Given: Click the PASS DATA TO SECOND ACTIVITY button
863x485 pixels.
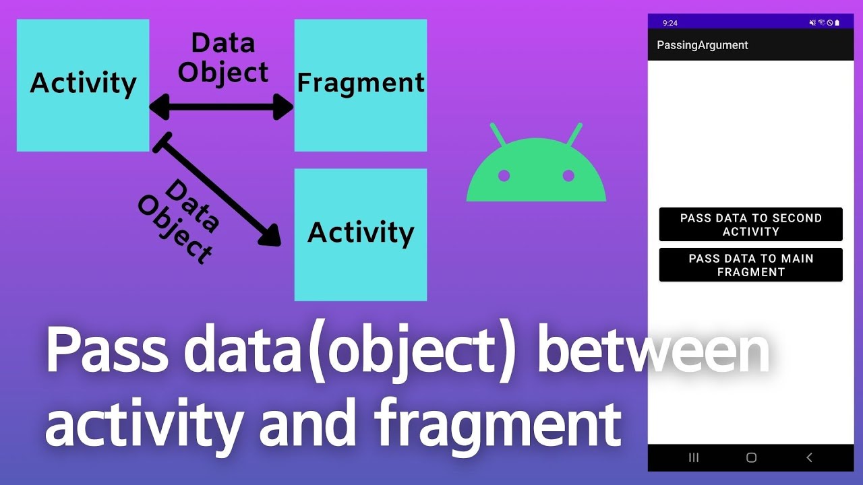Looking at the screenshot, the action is click(x=750, y=224).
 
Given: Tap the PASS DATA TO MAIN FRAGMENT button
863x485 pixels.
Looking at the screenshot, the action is click(x=750, y=265).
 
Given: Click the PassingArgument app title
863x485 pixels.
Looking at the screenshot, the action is click(x=702, y=45).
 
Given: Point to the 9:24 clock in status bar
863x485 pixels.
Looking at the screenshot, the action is click(x=670, y=23).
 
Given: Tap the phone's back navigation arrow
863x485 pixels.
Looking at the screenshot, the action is click(x=809, y=457).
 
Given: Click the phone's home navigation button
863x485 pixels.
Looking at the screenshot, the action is click(x=751, y=457).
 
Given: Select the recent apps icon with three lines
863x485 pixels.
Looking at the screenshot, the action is click(x=694, y=457).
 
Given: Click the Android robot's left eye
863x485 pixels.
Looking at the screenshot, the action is click(x=504, y=176).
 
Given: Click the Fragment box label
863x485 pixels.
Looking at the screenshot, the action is click(x=361, y=83).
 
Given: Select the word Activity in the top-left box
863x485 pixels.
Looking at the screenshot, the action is click(x=83, y=83).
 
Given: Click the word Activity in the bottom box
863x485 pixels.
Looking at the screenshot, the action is click(x=361, y=232).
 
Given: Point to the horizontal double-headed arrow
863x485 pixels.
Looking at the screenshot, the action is click(x=221, y=106).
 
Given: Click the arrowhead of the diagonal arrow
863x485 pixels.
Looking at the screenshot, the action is click(x=270, y=235).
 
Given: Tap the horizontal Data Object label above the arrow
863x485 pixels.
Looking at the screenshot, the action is click(x=222, y=58).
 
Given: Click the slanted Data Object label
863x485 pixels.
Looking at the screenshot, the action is click(x=178, y=222).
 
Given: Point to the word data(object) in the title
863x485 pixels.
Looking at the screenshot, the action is click(x=349, y=352).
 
